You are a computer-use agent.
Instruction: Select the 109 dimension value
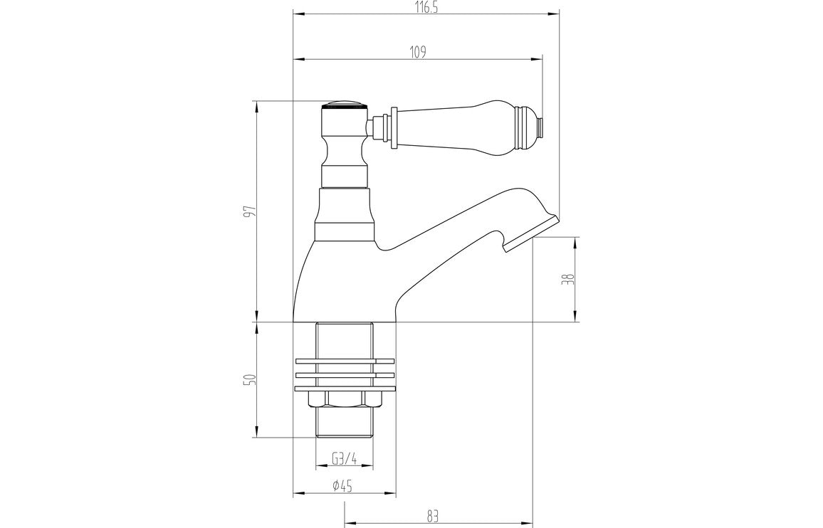418,52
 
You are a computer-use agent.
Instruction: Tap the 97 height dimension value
248,211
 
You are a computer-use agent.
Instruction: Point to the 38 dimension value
567,279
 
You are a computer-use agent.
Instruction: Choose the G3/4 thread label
344,460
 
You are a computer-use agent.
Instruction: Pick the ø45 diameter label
344,486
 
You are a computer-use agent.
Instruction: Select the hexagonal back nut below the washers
344,400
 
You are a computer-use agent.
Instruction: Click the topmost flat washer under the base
344,360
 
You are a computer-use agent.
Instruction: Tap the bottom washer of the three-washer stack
344,388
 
